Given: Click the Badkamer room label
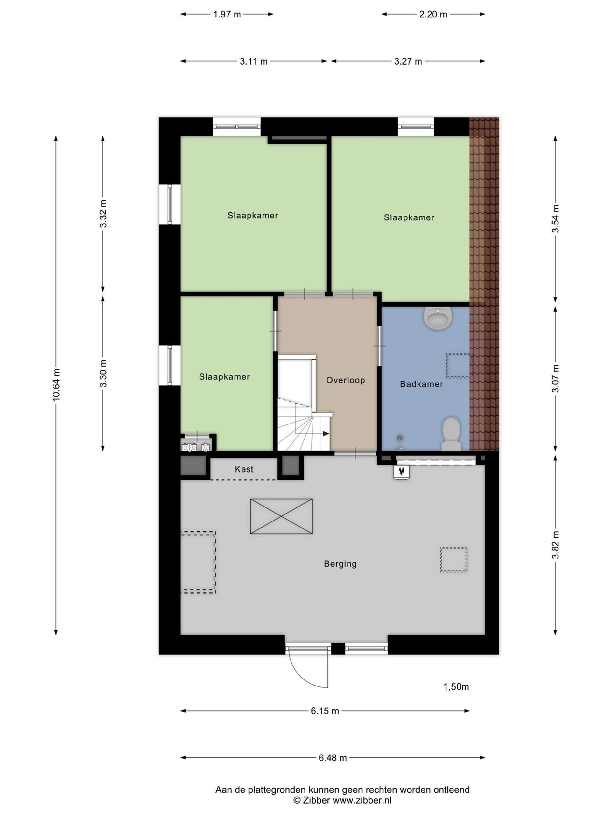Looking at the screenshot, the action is [x=421, y=384].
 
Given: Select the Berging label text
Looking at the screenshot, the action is [x=340, y=564].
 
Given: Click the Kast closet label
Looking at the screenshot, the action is [x=244, y=469].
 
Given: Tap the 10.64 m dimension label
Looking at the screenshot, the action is [x=56, y=384].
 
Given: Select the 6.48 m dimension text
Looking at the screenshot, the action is [x=333, y=758].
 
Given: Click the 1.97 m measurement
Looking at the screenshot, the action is [x=227, y=14].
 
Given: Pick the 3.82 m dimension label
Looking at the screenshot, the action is [x=555, y=545].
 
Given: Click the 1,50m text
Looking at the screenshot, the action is [x=456, y=687].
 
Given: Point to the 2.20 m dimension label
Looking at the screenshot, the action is [x=433, y=14].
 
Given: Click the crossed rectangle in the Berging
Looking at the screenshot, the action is [x=281, y=516].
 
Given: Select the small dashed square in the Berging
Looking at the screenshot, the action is [x=453, y=560].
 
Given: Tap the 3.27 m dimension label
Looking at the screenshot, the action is [x=408, y=61].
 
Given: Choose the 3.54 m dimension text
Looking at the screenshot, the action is [x=555, y=218].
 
